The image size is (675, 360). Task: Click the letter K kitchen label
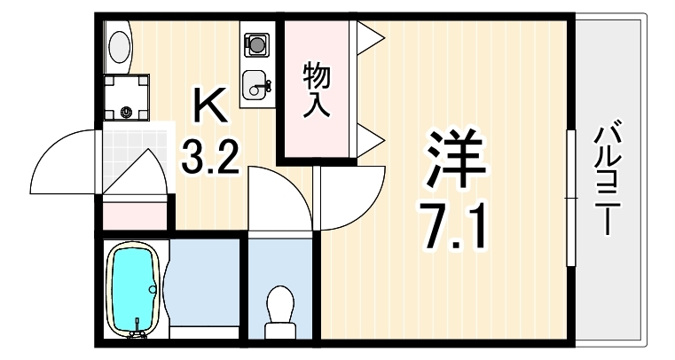tap(209, 105)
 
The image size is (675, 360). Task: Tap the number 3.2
tap(209, 157)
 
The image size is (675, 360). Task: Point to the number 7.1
tap(455, 226)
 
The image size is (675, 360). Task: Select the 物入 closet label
tap(317, 90)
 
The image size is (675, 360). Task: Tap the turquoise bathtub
tap(132, 290)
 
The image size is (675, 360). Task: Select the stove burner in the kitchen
tap(257, 44)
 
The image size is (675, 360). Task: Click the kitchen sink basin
tap(256, 85)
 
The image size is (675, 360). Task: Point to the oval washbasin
tap(120, 46)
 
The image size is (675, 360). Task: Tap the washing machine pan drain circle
tap(127, 113)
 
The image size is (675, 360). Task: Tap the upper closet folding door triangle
tap(368, 38)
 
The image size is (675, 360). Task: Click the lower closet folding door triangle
tap(368, 141)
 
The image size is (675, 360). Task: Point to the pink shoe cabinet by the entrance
tap(135, 215)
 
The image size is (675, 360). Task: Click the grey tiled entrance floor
tap(135, 158)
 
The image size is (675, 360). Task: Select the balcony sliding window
tap(571, 198)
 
